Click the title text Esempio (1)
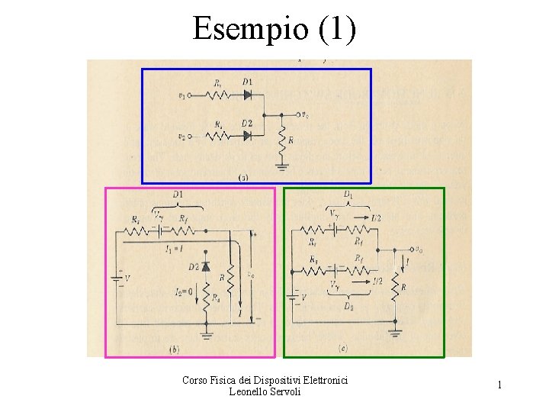[x=274, y=29]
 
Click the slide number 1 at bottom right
[x=499, y=385]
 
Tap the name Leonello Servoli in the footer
[x=265, y=391]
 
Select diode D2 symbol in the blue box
[x=246, y=136]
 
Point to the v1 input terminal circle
[x=188, y=96]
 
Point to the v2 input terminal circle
[x=188, y=137]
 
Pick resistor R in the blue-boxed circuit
[x=282, y=140]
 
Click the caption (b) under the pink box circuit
[x=175, y=349]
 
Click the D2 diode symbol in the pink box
[x=206, y=266]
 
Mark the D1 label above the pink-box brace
[x=178, y=196]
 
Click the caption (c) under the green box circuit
[x=342, y=349]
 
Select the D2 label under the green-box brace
[x=348, y=307]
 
